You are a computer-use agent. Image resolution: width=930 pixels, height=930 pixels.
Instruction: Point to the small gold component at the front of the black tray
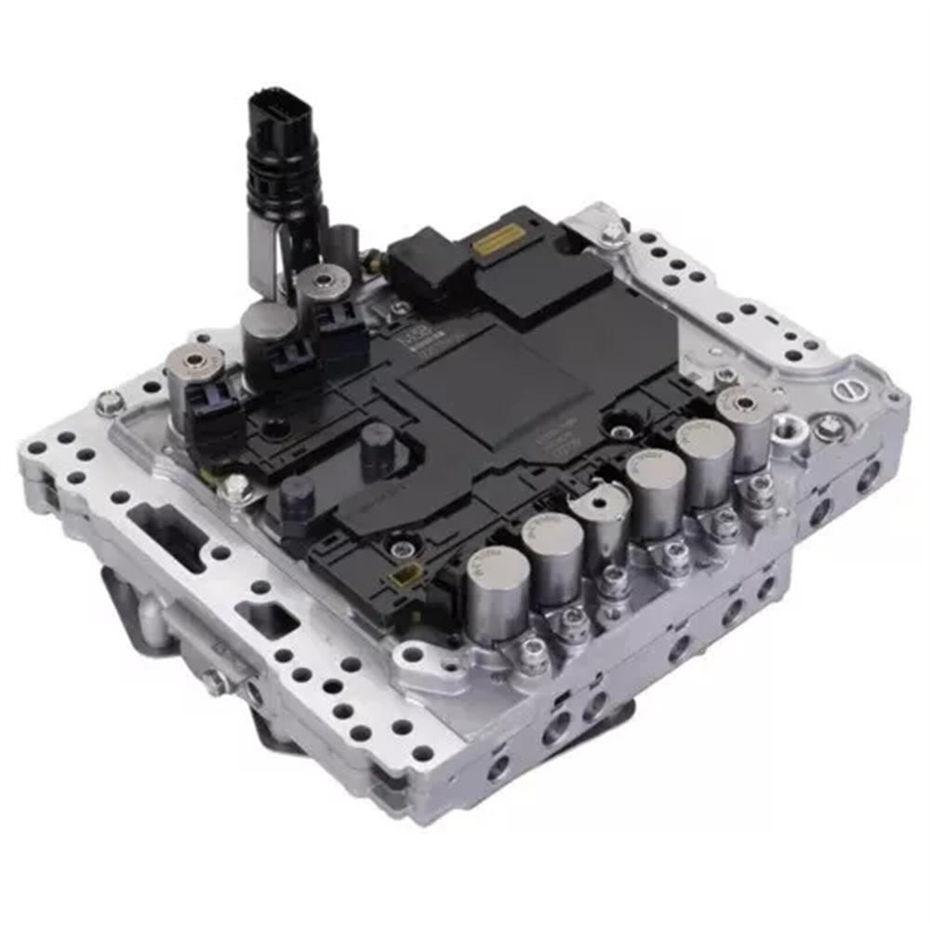pos(403,579)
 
